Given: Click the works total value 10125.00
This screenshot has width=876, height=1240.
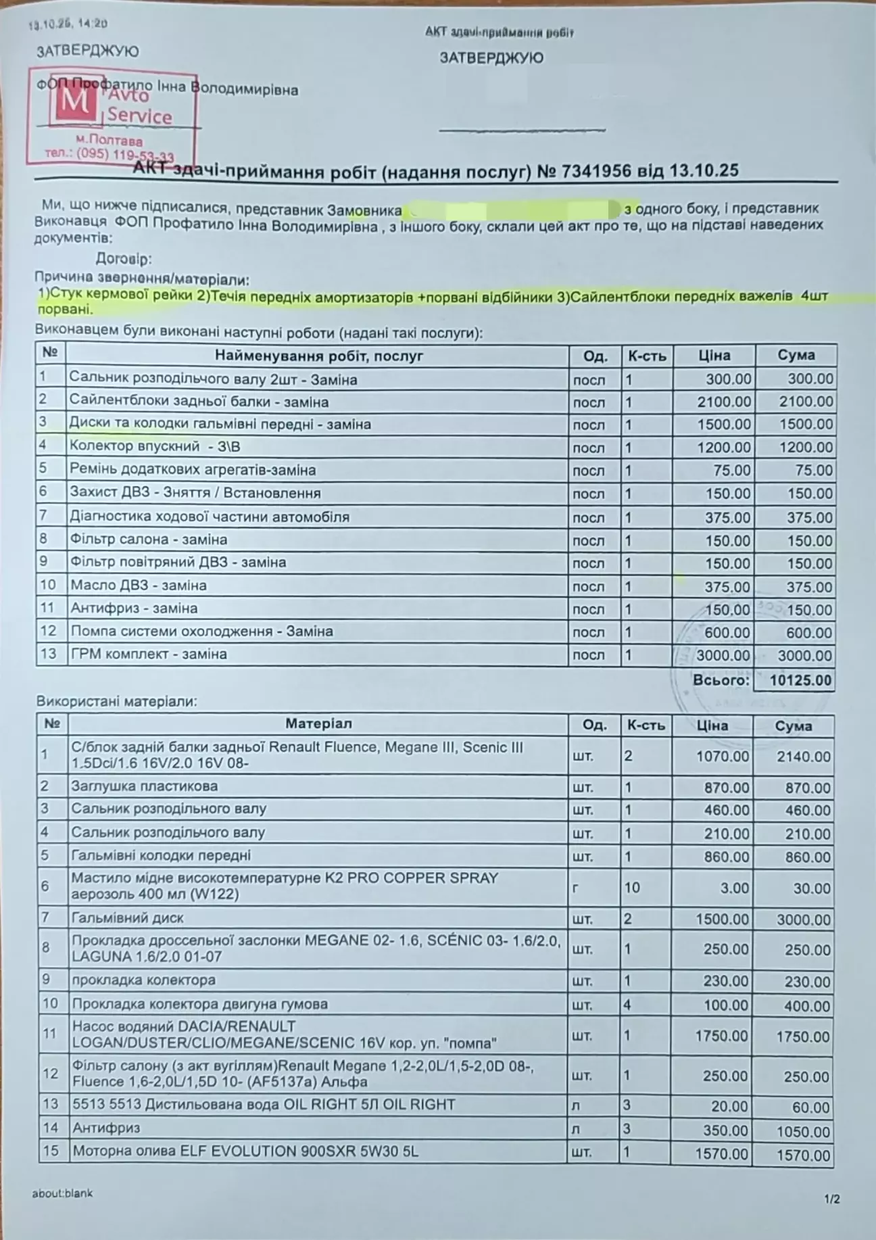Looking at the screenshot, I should point(800,680).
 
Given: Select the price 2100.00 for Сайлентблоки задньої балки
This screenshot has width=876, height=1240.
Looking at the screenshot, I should point(724,402).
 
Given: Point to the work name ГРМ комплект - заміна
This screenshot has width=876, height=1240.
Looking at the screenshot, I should point(149,654).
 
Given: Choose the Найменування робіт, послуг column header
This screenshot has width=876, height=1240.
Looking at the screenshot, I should point(318,356).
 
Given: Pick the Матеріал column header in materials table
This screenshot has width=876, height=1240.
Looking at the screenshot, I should point(318,724).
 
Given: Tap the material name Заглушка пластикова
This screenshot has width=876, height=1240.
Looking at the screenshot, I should point(145,786).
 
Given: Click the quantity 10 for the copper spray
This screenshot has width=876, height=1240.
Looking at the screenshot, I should point(631,887).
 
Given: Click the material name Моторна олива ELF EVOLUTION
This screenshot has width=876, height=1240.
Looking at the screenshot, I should point(245,1151).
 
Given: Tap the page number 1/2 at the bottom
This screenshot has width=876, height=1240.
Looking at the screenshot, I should point(832,1199).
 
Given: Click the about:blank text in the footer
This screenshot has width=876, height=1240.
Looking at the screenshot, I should point(62,1193).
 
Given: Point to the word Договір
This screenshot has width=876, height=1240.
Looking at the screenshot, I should point(124,259).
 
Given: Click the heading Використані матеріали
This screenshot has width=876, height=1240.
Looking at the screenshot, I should point(117,701).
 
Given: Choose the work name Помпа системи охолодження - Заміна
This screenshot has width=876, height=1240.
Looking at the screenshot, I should point(201,631).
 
